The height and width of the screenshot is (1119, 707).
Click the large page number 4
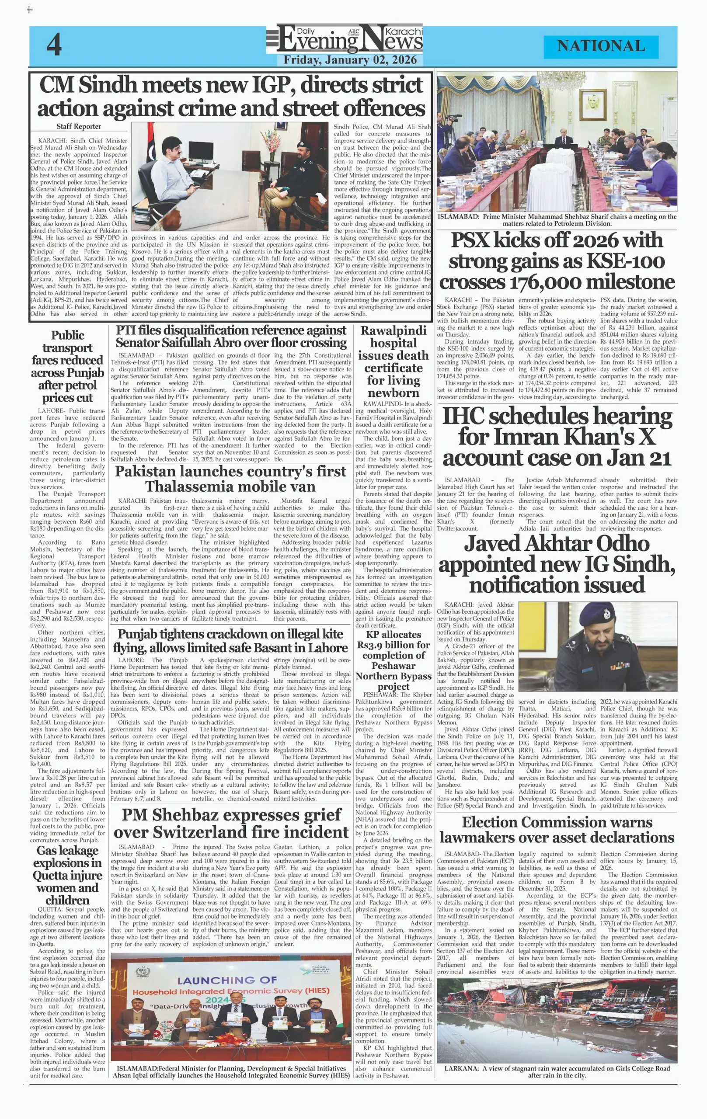click(x=54, y=45)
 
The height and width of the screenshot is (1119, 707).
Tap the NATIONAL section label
click(x=601, y=46)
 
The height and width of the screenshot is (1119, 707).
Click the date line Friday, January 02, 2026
click(x=350, y=60)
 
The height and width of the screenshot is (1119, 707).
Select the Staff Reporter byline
click(x=79, y=126)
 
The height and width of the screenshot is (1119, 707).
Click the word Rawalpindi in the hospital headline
click(x=393, y=330)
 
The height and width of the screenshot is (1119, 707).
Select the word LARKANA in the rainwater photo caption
click(x=461, y=1068)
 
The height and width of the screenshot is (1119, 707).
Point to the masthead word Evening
click(x=319, y=42)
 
